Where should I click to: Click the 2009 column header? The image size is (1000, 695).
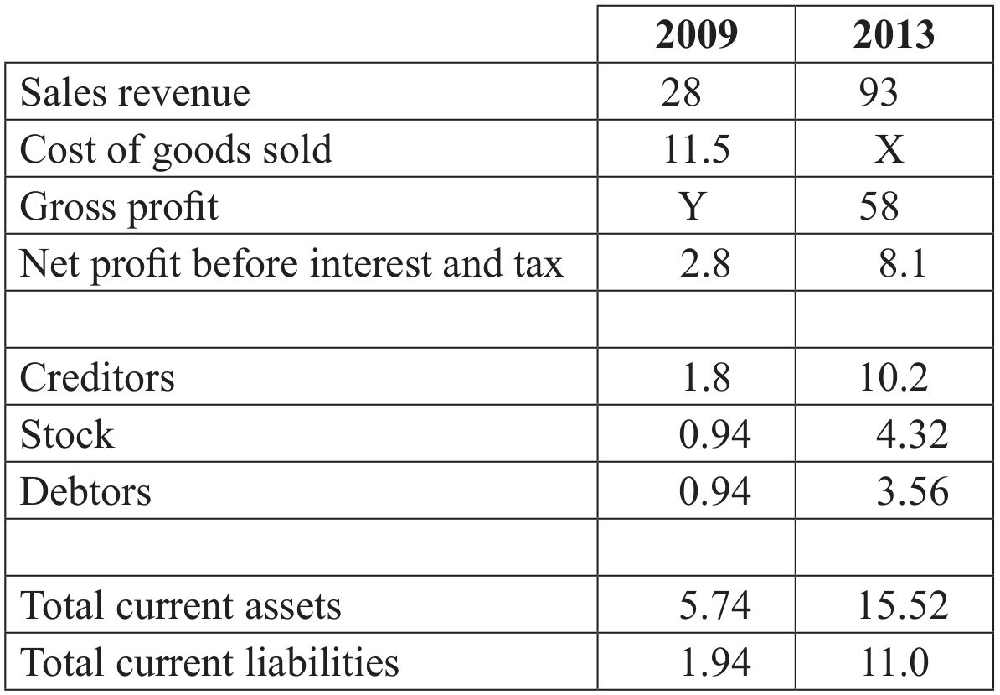(x=696, y=34)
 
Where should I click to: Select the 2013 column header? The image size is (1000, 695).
(x=894, y=34)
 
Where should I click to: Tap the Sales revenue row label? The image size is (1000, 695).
(x=135, y=92)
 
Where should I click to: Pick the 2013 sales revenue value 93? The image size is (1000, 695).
(x=879, y=92)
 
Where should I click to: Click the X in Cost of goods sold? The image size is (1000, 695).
(x=889, y=149)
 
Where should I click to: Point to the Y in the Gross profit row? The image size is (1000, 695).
(x=693, y=206)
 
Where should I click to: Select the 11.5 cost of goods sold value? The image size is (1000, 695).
(x=697, y=149)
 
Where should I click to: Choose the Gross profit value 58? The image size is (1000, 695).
(x=879, y=206)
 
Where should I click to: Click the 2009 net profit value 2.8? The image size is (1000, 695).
(x=704, y=263)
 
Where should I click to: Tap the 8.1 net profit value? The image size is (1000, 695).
(x=902, y=263)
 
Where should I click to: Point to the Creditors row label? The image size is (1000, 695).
(x=97, y=377)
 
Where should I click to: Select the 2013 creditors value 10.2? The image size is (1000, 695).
(x=894, y=377)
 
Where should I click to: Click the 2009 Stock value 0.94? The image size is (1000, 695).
(x=714, y=434)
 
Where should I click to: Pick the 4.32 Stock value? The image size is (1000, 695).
(x=912, y=434)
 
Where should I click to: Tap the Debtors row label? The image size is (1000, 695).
(x=85, y=491)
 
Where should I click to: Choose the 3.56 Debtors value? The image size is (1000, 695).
(x=912, y=491)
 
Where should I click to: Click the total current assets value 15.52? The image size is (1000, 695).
(x=902, y=605)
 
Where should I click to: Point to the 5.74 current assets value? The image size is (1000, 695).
(x=714, y=605)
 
